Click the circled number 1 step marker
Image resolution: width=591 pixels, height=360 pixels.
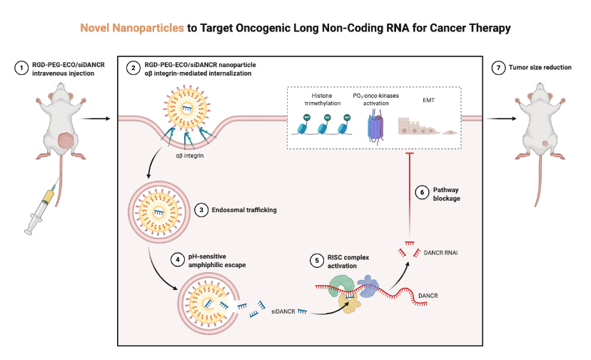22,69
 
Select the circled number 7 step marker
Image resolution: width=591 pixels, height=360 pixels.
497,68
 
